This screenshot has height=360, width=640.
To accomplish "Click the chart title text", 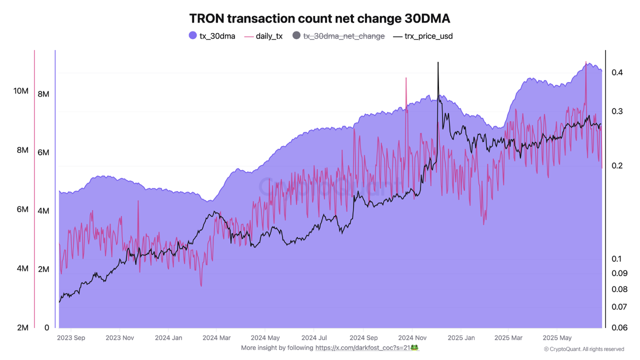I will (x=320, y=18).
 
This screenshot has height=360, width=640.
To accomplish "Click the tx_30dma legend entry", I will (x=212, y=36).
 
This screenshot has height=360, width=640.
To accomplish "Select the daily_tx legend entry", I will (x=263, y=36).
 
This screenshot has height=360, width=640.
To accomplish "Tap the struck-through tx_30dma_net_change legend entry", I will (x=338, y=36).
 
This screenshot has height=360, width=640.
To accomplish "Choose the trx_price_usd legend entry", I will (x=423, y=36).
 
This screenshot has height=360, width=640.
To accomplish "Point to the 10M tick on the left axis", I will (x=21, y=91).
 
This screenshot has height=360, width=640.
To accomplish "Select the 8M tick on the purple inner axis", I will (x=44, y=93).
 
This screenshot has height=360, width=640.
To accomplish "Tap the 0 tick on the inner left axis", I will (x=46, y=327).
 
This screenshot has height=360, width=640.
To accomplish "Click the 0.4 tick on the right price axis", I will (x=617, y=72).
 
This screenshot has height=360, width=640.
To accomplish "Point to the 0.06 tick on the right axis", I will (x=619, y=327).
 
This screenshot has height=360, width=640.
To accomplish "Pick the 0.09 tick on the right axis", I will (x=619, y=273).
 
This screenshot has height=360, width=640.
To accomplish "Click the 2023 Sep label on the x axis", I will (x=71, y=337).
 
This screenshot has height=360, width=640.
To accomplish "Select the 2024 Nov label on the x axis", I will (x=412, y=337).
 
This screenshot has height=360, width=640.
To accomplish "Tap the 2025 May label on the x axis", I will (x=557, y=337).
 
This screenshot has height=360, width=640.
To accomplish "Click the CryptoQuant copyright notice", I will (x=584, y=349).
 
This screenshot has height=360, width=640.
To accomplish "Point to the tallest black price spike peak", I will (x=438, y=62).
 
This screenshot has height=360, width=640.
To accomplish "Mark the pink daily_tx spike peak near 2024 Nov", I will (x=405, y=78).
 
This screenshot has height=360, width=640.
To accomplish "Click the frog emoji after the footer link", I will (x=414, y=347).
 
